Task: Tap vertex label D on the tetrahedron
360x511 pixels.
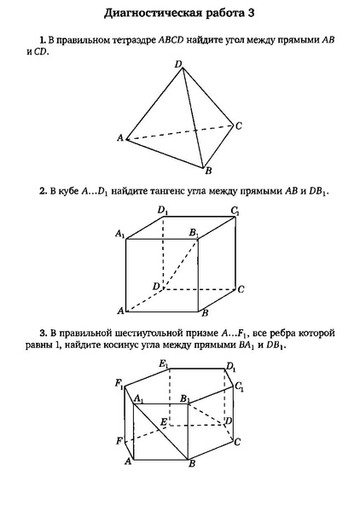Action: tap(177, 64)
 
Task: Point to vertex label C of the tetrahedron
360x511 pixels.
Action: tap(240, 126)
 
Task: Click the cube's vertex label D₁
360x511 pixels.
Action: tap(162, 210)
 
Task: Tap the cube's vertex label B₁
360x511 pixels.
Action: tap(195, 232)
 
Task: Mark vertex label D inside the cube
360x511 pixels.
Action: tap(155, 286)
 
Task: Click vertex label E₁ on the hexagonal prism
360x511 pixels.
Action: tap(163, 364)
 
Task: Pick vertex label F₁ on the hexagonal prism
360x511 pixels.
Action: tap(120, 384)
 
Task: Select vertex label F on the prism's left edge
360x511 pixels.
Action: tap(120, 441)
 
